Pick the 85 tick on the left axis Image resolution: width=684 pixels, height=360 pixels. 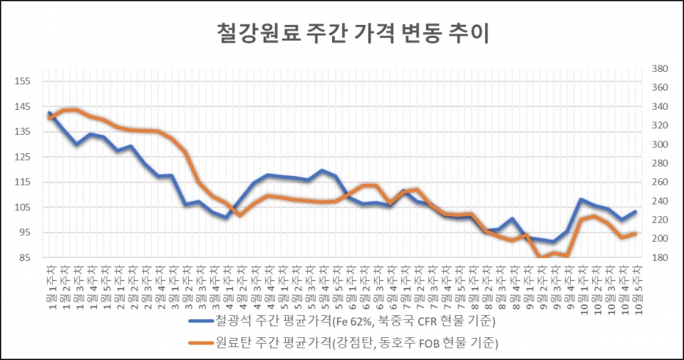coord(22,258)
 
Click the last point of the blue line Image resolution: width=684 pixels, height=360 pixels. coord(635,212)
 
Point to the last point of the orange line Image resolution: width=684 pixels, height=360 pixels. coord(635,233)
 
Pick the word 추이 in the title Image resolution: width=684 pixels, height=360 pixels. coord(471,34)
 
